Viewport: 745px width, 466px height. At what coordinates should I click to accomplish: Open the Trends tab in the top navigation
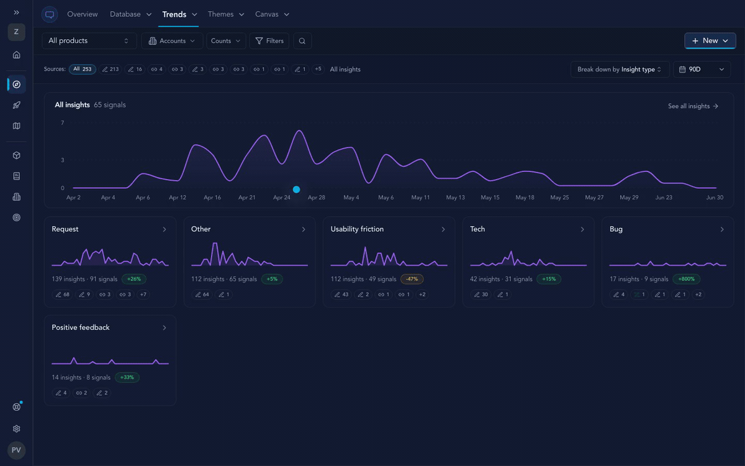click(174, 14)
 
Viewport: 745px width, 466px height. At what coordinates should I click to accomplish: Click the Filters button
click(269, 41)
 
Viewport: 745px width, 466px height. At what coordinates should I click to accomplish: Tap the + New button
click(710, 40)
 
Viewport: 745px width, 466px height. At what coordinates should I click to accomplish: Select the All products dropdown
click(89, 41)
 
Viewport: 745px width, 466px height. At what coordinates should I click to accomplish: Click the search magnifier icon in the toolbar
click(302, 41)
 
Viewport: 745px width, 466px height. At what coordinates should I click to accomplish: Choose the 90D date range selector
click(702, 69)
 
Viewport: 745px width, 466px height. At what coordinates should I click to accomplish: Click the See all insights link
click(693, 106)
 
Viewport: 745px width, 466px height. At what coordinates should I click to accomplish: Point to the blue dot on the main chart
click(296, 190)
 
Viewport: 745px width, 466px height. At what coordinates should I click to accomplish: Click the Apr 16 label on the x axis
click(212, 198)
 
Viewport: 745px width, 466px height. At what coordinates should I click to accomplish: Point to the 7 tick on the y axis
click(63, 123)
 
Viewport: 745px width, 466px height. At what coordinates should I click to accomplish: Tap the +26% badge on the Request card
click(133, 279)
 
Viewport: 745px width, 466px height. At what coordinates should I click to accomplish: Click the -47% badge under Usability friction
click(412, 279)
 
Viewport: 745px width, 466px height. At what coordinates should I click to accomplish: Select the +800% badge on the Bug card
click(686, 279)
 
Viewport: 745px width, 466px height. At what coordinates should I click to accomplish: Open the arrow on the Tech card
click(582, 229)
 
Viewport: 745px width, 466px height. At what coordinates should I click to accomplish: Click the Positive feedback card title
click(81, 327)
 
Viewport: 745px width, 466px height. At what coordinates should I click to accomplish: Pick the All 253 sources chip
click(83, 69)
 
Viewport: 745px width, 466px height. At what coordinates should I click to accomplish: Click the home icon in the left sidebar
click(16, 55)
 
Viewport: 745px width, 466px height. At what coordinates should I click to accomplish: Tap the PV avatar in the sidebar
click(16, 450)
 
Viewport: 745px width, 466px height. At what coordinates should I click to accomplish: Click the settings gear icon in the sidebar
click(16, 429)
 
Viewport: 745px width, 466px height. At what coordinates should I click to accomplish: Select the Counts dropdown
click(226, 41)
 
